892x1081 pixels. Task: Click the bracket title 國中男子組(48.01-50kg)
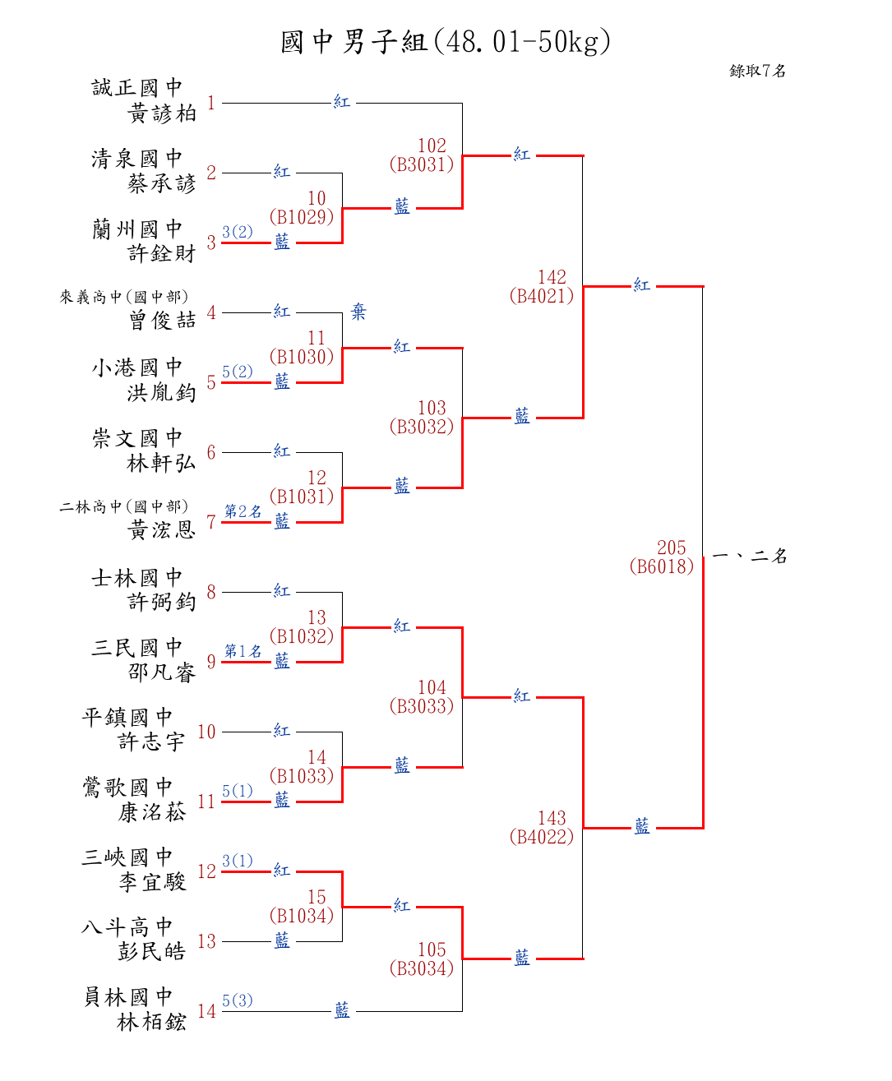(446, 41)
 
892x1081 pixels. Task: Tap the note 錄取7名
(757, 71)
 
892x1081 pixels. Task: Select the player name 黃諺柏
(162, 113)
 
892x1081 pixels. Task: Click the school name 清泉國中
(136, 159)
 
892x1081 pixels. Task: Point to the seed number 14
(206, 1011)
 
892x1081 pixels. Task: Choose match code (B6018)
(661, 566)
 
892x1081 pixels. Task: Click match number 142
(552, 277)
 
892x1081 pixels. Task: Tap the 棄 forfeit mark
(358, 312)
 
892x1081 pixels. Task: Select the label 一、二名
(749, 557)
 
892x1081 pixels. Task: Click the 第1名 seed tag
(243, 651)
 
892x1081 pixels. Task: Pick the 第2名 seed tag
(243, 511)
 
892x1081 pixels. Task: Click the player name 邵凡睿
(162, 672)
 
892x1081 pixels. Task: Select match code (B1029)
(302, 217)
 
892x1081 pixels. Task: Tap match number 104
(432, 687)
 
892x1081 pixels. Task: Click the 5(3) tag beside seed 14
(237, 1000)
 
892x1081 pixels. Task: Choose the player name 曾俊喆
(162, 321)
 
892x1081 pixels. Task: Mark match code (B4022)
(541, 837)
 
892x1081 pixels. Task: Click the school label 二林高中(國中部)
(123, 506)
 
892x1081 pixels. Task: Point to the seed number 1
(211, 103)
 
